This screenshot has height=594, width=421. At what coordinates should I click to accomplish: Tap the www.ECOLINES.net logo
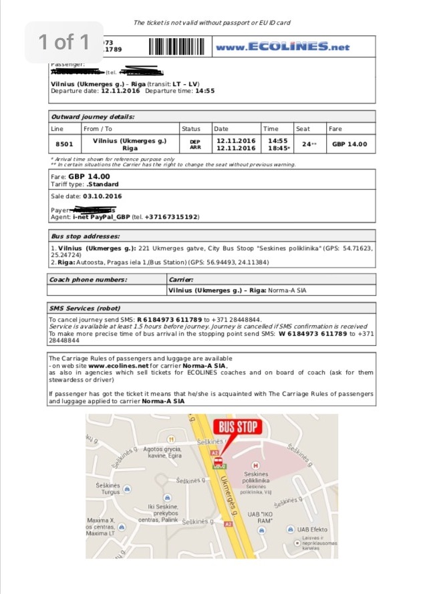[282, 47]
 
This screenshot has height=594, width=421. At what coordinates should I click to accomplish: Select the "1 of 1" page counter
[64, 43]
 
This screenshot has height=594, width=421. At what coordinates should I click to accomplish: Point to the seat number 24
[306, 143]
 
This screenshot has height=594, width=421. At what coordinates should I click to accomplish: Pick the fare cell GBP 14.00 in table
[349, 144]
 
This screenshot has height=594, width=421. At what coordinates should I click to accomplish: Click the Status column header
[190, 129]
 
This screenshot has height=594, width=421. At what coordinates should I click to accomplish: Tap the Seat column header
[303, 129]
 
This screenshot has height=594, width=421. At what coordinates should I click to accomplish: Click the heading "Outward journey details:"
[93, 116]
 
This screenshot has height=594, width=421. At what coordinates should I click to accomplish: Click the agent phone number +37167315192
[170, 217]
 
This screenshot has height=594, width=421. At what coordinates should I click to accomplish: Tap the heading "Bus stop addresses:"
[86, 236]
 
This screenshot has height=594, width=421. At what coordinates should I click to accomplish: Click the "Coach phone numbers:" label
[88, 280]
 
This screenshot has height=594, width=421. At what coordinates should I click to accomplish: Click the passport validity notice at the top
[212, 23]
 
